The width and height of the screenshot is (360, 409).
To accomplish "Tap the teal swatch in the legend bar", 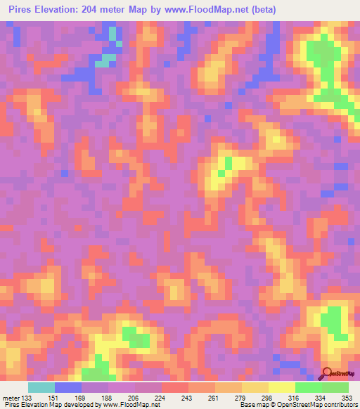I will click(41, 387).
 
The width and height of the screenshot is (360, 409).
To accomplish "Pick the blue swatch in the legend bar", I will click(68, 387).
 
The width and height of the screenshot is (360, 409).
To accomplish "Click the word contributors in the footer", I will click(340, 405).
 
